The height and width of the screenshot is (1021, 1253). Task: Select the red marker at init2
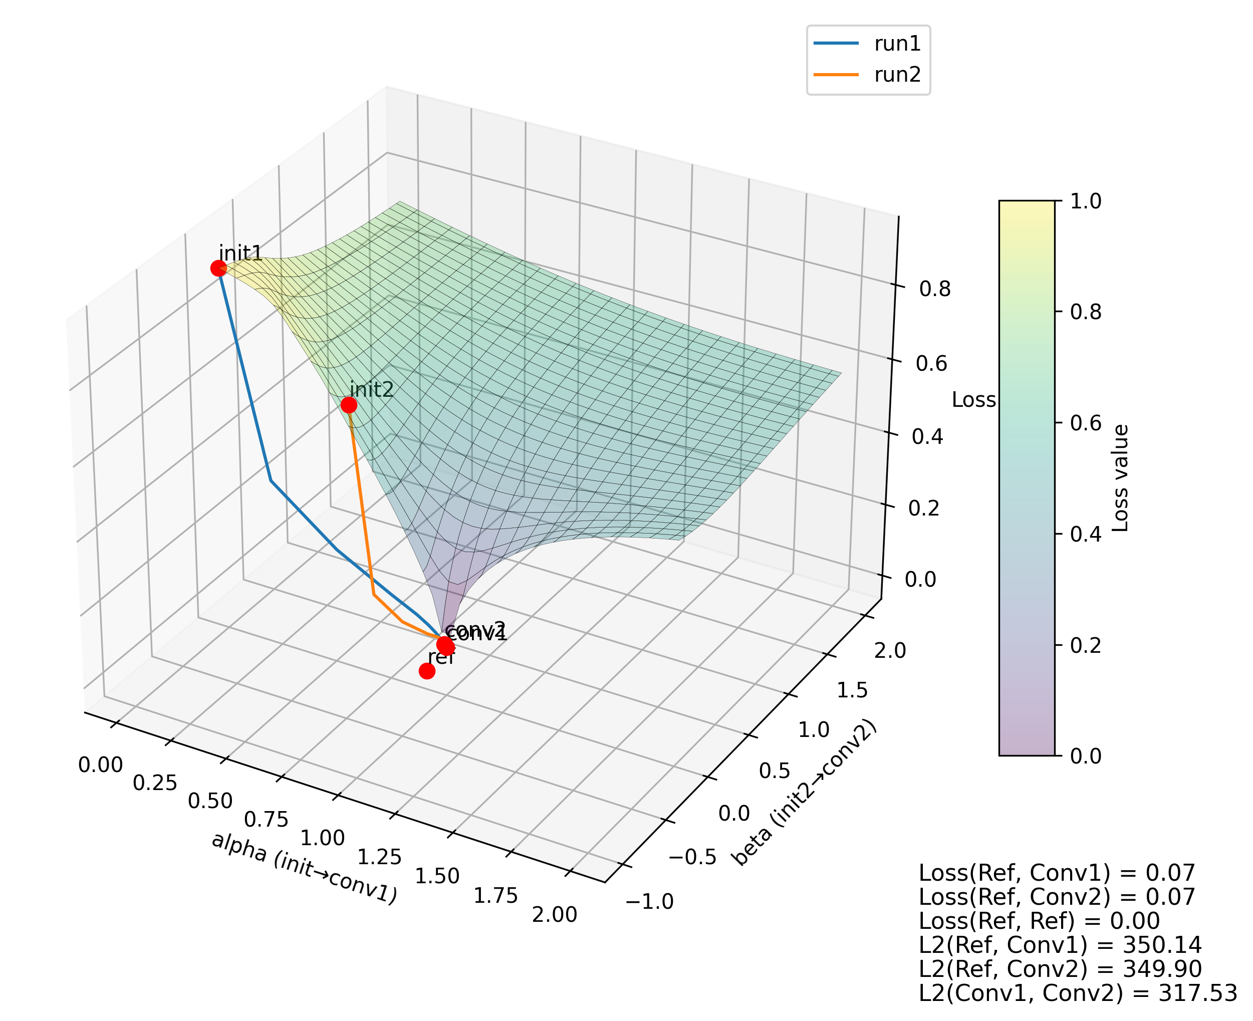tap(348, 405)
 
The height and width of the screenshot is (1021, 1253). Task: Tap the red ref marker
tap(426, 670)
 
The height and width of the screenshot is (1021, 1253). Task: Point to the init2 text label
tap(371, 389)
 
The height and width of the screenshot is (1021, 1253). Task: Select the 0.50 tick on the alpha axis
tap(210, 802)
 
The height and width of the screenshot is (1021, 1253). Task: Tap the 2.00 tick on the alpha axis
tap(554, 915)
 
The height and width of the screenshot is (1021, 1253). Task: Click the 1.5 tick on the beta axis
tap(851, 690)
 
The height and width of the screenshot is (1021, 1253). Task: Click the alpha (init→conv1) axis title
tap(304, 868)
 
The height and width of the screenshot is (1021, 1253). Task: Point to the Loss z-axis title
tap(973, 400)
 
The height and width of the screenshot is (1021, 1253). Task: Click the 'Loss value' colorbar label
tap(1121, 478)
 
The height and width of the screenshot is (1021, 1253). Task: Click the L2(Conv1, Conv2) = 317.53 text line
tap(1077, 993)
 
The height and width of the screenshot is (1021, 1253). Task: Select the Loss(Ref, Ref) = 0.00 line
tap(1039, 921)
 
